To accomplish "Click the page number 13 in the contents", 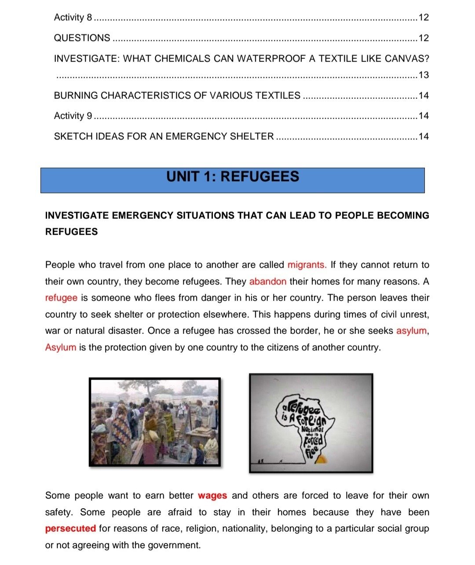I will [424, 75].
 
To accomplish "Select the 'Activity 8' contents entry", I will [73, 18].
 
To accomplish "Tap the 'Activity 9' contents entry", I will [73, 116].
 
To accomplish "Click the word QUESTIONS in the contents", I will [82, 38].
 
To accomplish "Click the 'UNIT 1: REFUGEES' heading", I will [233, 177].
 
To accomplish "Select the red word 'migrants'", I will [307, 265].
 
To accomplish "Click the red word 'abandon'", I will [267, 282].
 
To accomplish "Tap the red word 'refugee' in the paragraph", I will [61, 298].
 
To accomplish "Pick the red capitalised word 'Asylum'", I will [61, 348].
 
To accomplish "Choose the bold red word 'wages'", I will [212, 496].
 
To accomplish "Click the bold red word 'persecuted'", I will [70, 529].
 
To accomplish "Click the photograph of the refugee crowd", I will [155, 422].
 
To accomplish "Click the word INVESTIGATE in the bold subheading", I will [77, 216].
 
